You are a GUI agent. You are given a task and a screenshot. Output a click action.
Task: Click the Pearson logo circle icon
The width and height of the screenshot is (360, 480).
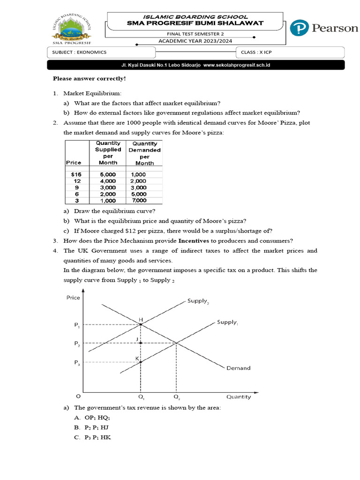[299, 28]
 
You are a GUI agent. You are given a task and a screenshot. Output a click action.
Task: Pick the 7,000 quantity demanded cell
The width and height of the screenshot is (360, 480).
[138, 201]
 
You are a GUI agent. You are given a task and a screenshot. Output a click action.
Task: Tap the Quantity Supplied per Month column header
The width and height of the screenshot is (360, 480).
[108, 152]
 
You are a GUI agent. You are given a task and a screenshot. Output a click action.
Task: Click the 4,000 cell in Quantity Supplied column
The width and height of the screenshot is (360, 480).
[108, 181]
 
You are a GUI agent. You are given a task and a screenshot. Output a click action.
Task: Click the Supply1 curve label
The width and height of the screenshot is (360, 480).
[227, 322]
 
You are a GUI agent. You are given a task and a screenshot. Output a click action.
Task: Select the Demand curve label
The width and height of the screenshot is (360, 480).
[238, 368]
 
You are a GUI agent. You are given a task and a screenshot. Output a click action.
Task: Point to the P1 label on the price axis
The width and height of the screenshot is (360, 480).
[77, 324]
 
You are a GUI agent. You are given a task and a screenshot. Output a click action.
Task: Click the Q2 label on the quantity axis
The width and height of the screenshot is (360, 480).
[176, 397]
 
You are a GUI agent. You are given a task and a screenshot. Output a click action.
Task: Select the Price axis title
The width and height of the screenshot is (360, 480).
[74, 297]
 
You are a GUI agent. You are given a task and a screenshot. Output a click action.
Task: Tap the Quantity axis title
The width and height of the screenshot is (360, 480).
[239, 397]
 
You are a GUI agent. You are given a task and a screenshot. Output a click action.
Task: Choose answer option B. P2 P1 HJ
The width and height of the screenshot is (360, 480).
[91, 427]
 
